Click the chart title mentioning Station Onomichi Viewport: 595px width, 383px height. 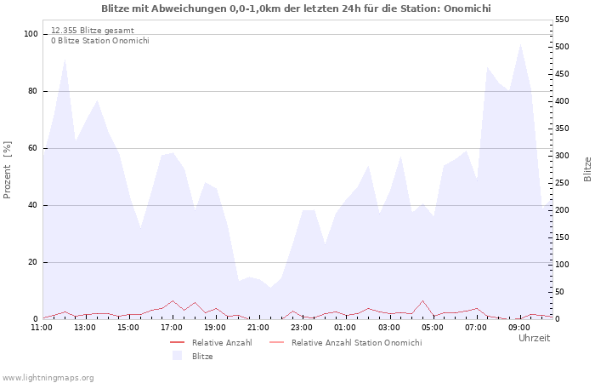tap(296, 9)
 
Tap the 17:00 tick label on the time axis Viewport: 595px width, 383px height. tap(172, 328)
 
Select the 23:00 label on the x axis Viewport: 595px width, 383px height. tap(302, 328)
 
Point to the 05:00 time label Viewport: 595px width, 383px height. tap(432, 328)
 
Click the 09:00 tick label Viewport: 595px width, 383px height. tap(519, 328)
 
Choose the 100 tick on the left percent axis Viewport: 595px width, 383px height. tap(31, 34)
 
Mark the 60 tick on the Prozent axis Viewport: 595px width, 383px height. tap(33, 148)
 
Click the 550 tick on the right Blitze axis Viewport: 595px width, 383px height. tap(562, 20)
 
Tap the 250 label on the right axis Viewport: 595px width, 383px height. tap(562, 183)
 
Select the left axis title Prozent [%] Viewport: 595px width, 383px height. tap(7, 170)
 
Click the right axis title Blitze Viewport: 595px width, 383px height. tap(587, 169)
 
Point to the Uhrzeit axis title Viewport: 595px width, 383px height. tap(535, 338)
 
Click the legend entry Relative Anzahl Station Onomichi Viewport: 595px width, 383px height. tap(356, 343)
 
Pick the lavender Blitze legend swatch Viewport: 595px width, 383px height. tap(177, 356)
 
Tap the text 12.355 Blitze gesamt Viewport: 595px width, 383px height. tap(93, 31)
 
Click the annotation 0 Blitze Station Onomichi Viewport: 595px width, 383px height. tap(100, 41)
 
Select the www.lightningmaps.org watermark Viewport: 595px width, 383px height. tap(48, 378)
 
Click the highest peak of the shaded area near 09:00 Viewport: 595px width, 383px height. tap(520, 44)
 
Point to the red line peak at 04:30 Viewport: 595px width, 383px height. tap(422, 300)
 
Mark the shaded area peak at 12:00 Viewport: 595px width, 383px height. tap(65, 59)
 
